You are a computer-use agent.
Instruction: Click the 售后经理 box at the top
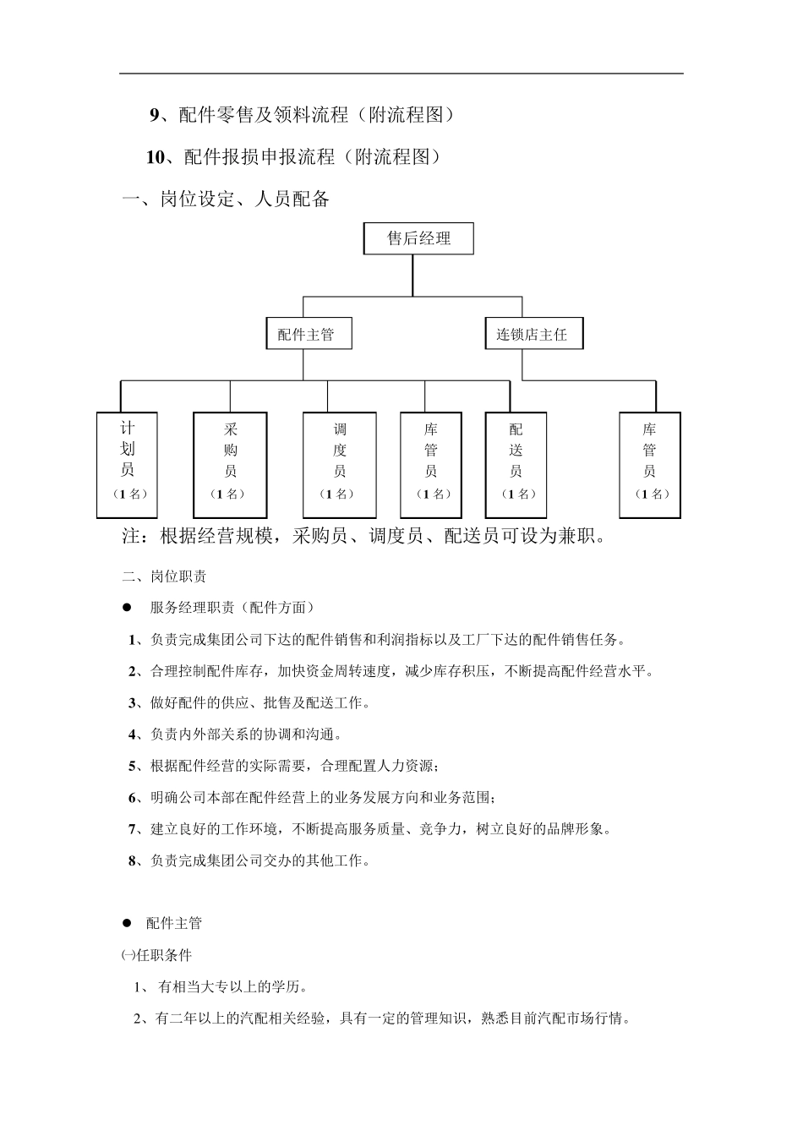tap(418, 238)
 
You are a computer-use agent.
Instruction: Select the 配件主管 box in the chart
tap(307, 334)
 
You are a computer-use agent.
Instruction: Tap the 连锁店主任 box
tap(533, 334)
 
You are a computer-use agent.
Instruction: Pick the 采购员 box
tap(230, 465)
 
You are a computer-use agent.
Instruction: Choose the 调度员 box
tap(339, 465)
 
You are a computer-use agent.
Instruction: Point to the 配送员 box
tap(516, 465)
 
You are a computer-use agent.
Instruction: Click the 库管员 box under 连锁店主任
tap(649, 465)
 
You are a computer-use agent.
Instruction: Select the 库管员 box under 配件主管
tap(431, 465)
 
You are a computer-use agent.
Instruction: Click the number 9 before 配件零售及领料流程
tap(155, 115)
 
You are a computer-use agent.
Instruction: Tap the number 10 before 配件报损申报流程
tap(156, 157)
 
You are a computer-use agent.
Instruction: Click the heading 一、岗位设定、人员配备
tap(227, 200)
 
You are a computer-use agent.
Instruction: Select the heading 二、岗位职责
tap(164, 576)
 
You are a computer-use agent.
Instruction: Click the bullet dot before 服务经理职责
tap(128, 607)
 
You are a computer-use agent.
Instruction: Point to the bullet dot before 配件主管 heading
tap(128, 923)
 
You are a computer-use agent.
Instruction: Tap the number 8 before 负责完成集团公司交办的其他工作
tap(133, 860)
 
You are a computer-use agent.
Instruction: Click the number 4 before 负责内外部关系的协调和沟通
tap(133, 735)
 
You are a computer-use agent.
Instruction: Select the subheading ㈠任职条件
tap(156, 955)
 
